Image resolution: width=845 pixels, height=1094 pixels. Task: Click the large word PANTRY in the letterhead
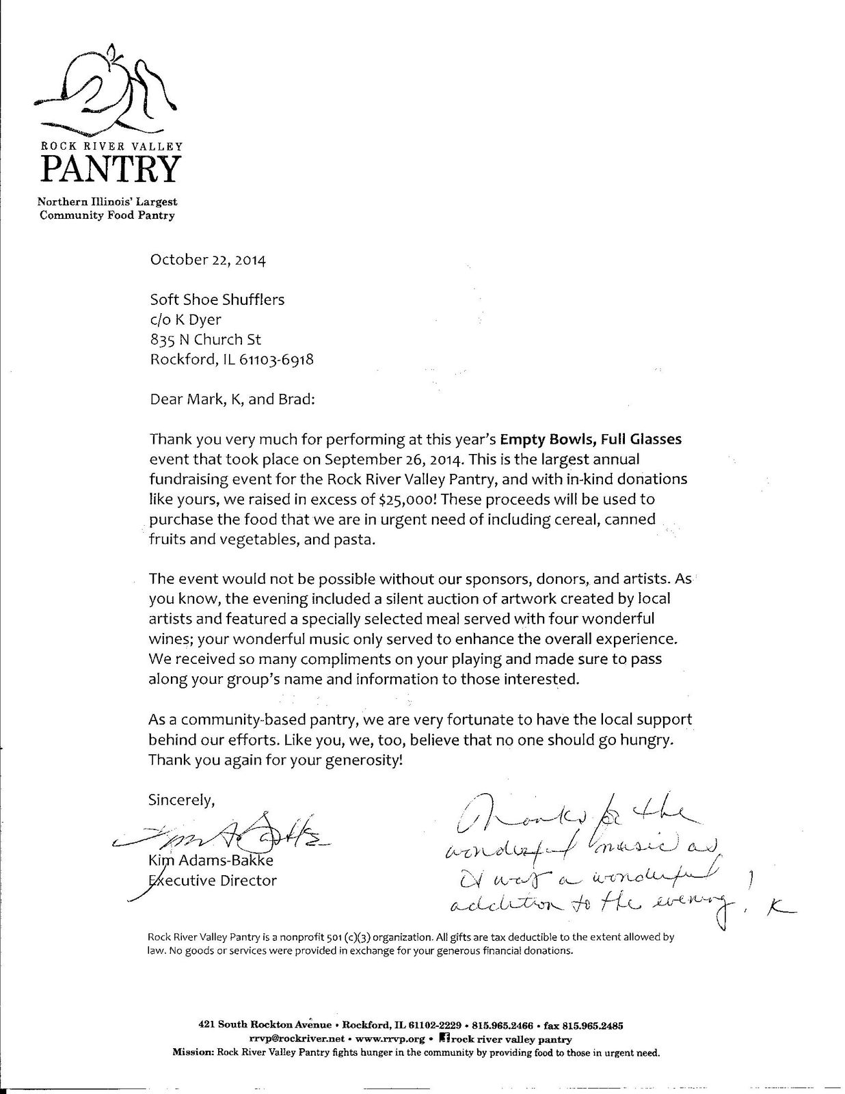[110, 168]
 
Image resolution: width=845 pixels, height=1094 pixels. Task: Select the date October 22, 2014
[208, 261]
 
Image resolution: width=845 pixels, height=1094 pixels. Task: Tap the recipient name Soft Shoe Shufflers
[217, 299]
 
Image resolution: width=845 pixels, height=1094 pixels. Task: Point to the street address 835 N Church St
[205, 339]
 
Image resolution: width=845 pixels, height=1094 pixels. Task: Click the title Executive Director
[213, 881]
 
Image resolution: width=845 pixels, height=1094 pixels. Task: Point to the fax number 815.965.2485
[593, 1026]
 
